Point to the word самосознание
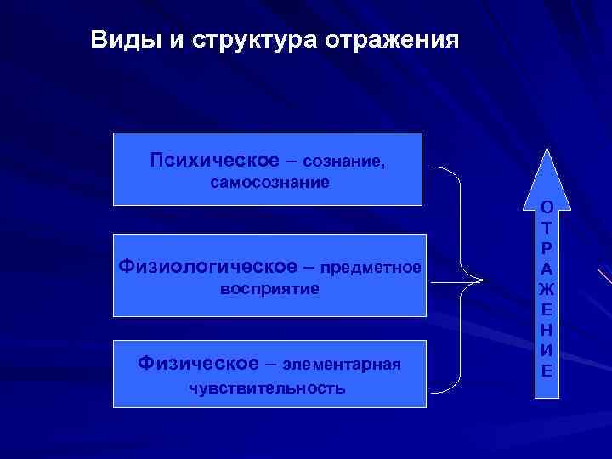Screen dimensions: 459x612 click(x=270, y=183)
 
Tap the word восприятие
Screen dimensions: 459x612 click(x=269, y=289)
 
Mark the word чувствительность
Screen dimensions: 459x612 click(x=267, y=388)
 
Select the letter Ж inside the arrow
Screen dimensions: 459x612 click(x=548, y=288)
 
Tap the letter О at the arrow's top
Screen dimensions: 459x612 click(x=548, y=207)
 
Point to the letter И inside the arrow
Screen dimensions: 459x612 click(x=548, y=349)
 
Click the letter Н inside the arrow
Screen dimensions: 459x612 click(x=548, y=329)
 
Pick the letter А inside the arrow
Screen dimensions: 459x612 click(x=548, y=268)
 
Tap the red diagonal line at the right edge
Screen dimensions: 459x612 click(x=604, y=280)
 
